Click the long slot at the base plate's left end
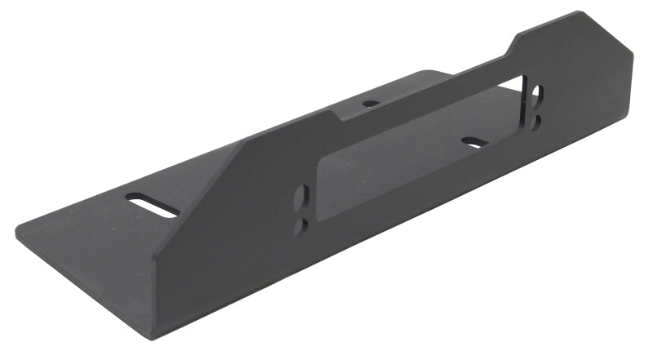[153, 204]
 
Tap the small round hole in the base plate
[371, 104]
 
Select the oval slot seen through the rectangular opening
[475, 142]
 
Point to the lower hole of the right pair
[535, 120]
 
